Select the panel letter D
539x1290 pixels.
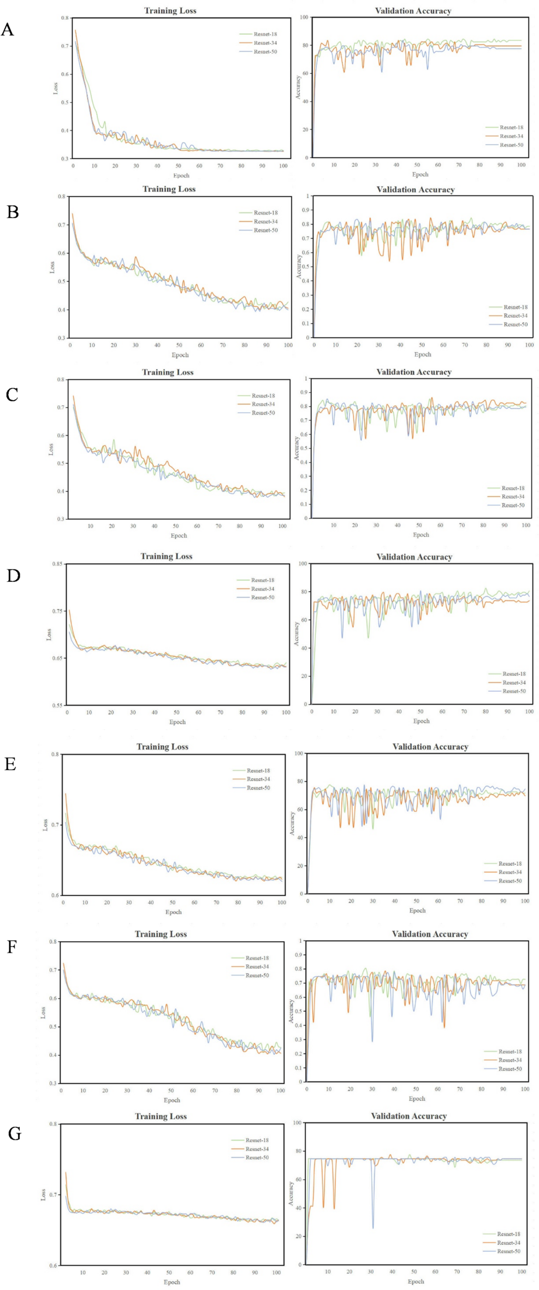13,576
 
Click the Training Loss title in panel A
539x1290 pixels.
170,10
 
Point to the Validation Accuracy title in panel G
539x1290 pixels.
408,1116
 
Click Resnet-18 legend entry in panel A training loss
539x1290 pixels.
265,34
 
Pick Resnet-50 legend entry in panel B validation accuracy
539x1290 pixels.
515,324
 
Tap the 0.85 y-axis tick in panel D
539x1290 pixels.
56,564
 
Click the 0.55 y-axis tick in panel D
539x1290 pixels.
56,705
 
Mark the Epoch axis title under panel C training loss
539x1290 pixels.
179,536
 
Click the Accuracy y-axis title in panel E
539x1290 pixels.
292,823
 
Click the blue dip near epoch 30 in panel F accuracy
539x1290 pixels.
372,1041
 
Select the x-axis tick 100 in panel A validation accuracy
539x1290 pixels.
521,165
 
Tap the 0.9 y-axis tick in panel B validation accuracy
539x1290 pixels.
306,210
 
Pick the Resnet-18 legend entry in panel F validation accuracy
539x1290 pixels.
510,1051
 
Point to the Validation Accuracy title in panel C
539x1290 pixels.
413,372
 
